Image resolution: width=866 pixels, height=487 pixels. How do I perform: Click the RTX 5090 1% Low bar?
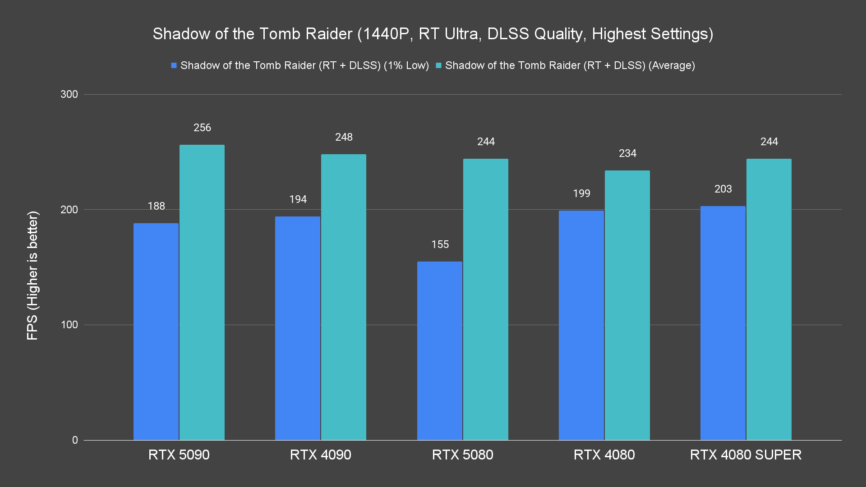pyautogui.click(x=156, y=331)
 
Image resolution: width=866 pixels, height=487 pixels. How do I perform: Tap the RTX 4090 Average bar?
pyautogui.click(x=344, y=297)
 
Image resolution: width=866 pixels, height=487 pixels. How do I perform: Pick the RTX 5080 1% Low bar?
pyautogui.click(x=440, y=351)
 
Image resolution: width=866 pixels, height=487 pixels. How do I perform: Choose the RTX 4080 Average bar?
pyautogui.click(x=627, y=305)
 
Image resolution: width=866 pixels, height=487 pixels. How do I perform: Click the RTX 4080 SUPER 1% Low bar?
pyautogui.click(x=723, y=323)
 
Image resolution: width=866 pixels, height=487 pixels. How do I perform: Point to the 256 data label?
pyautogui.click(x=202, y=128)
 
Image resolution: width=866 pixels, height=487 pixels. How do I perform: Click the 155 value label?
pyautogui.click(x=440, y=244)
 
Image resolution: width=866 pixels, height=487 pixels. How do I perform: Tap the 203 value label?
pyautogui.click(x=723, y=189)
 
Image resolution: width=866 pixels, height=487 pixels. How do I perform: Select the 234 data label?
pyautogui.click(x=627, y=153)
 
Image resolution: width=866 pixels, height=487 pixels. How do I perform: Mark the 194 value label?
pyautogui.click(x=298, y=199)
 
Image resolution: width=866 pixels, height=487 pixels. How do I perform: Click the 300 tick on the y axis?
pyautogui.click(x=69, y=94)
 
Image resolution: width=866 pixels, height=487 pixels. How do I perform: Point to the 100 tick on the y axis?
pyautogui.click(x=69, y=325)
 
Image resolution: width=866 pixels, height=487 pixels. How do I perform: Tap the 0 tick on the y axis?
pyautogui.click(x=75, y=440)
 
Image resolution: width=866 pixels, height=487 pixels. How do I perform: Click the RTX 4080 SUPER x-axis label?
pyautogui.click(x=746, y=455)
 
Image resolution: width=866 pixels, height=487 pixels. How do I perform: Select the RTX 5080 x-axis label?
pyautogui.click(x=462, y=455)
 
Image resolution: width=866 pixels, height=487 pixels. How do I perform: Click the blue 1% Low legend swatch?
pyautogui.click(x=174, y=66)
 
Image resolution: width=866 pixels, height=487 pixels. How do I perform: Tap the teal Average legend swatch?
pyautogui.click(x=438, y=66)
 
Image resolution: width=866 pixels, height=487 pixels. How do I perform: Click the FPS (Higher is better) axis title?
pyautogui.click(x=32, y=275)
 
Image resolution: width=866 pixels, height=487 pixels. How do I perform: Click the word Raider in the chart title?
pyautogui.click(x=328, y=34)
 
